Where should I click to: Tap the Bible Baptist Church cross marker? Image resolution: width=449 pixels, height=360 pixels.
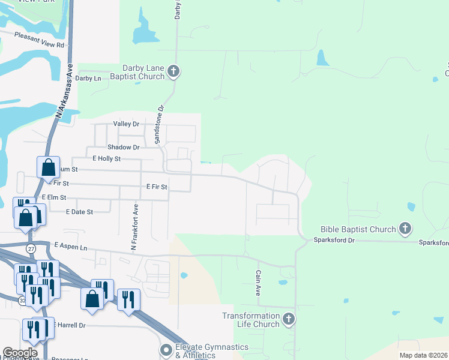tap(405, 229)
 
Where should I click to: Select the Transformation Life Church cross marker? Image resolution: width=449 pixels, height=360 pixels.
tap(289, 319)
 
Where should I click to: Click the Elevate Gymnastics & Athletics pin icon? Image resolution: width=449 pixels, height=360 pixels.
tap(166, 349)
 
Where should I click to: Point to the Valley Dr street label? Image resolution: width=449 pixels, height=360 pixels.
tap(126, 124)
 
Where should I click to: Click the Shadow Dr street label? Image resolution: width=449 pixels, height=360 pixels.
tap(123, 147)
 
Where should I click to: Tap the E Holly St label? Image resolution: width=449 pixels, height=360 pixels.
tap(106, 158)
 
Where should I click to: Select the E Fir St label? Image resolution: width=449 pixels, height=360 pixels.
tap(157, 187)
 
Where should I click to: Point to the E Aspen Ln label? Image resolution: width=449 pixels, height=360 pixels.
tap(70, 246)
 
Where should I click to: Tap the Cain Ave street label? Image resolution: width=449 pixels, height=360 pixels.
tap(258, 281)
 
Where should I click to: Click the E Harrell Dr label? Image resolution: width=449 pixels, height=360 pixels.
tap(70, 325)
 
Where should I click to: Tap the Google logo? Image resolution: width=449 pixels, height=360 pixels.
tap(20, 353)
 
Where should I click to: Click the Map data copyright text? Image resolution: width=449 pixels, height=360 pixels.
tap(423, 355)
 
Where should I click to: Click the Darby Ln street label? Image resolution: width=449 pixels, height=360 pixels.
tap(88, 78)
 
